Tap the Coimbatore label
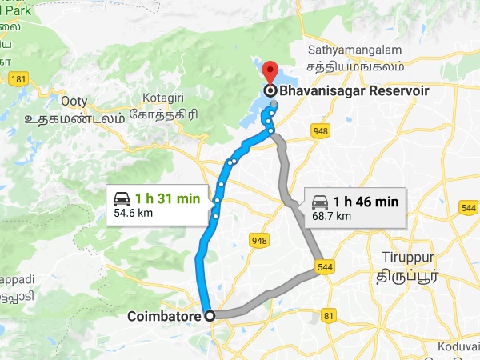164,317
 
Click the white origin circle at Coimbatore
210,316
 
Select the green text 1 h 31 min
168,199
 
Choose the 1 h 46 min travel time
366,202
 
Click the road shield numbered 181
19,79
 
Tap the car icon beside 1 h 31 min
122,199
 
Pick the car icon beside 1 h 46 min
319,202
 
